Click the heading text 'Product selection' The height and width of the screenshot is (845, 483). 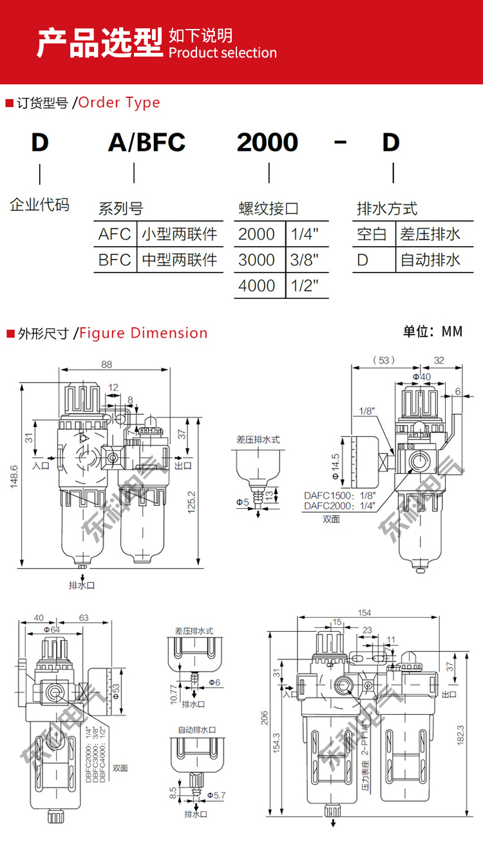tap(222, 53)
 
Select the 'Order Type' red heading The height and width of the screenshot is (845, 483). tap(119, 102)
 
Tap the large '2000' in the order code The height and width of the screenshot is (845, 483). tap(267, 142)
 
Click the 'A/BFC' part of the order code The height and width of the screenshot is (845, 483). tap(147, 142)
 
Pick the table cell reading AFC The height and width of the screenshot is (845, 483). tap(115, 234)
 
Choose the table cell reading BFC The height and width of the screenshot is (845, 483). tap(115, 260)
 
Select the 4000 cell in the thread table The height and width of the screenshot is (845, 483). tap(256, 285)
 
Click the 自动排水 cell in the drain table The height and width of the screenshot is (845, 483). tap(431, 260)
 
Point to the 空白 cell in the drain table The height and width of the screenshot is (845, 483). tap(372, 234)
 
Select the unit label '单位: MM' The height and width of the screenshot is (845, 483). tap(433, 332)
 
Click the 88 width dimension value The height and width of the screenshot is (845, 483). tap(106, 364)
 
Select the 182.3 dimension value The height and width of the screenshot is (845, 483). tap(460, 736)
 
